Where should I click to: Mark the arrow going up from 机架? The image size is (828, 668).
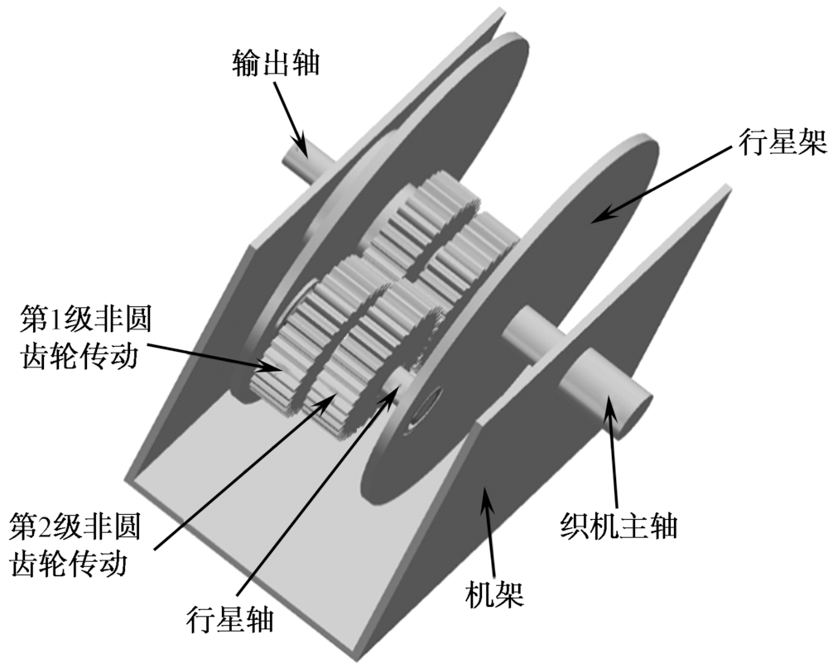[x=490, y=531]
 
